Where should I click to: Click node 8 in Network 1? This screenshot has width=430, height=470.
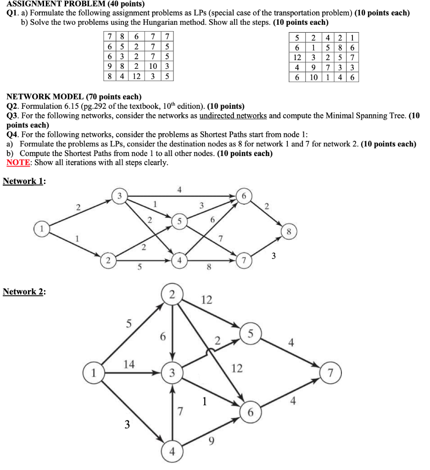tap(288, 232)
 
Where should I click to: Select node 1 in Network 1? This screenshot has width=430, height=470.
tap(41, 227)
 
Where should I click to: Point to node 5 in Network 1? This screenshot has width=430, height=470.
tap(180, 221)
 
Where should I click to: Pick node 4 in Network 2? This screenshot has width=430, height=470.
tap(172, 451)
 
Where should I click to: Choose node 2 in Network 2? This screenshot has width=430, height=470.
tap(172, 295)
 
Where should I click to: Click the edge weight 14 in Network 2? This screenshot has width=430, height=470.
tap(129, 364)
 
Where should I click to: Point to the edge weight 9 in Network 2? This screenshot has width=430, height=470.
tap(211, 442)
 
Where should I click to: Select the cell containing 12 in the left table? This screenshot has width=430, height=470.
tap(137, 76)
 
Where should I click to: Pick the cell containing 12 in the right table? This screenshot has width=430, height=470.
tap(297, 57)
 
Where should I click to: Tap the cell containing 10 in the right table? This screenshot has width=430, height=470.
tap(313, 78)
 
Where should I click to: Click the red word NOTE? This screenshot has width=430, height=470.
tap(16, 162)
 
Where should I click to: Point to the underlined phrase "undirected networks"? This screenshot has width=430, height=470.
tap(233, 116)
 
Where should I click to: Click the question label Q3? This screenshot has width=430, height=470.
tap(12, 116)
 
